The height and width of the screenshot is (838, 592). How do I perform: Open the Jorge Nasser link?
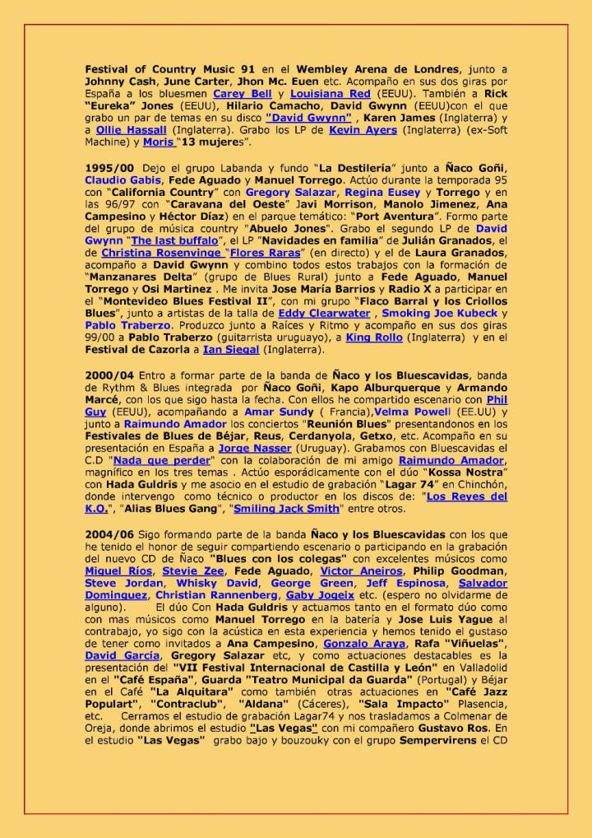coord(255,449)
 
